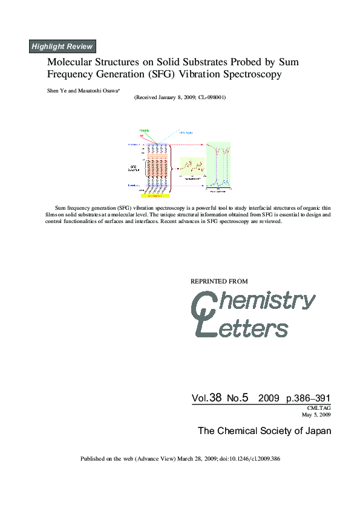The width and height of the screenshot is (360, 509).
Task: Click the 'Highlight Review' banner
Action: tap(62, 47)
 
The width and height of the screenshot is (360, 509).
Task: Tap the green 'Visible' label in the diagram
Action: tap(144, 131)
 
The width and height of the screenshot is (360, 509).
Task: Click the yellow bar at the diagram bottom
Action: tap(153, 196)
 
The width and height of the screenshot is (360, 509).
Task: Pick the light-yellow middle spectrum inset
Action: tap(193, 166)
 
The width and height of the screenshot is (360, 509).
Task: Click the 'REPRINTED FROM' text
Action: tap(219, 281)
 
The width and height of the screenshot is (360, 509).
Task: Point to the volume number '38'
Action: tap(215, 398)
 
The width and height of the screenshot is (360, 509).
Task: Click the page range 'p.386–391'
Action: tap(308, 398)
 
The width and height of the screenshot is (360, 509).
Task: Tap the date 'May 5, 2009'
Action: tap(316, 415)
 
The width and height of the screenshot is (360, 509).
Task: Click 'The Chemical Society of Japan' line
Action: tap(264, 431)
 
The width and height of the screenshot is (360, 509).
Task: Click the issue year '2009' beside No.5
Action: tap(268, 398)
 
